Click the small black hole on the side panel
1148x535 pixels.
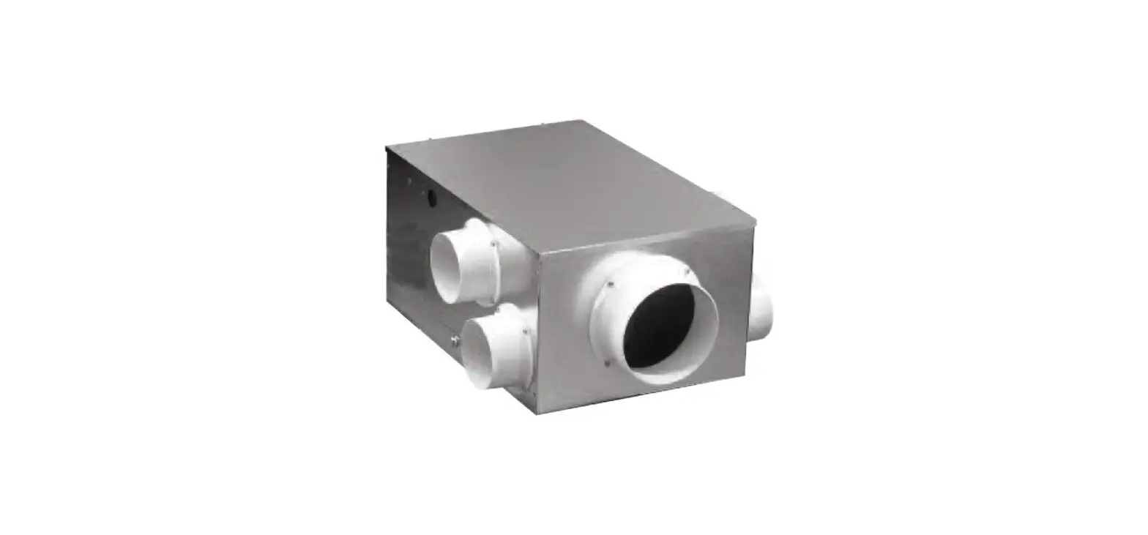point(431,197)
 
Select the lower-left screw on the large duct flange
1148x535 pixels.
point(607,360)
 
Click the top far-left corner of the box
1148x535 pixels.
point(387,146)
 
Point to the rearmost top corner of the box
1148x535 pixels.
point(582,120)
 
